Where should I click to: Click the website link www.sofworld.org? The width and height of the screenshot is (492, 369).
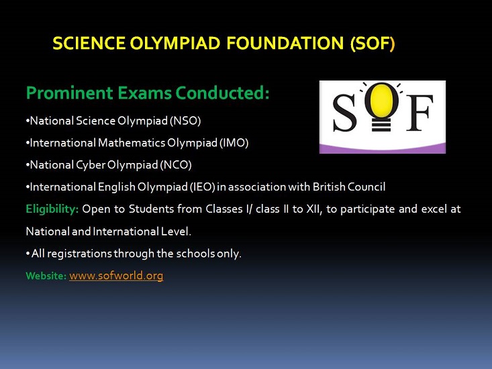(x=116, y=276)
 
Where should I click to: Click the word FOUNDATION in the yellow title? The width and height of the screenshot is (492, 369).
(x=285, y=43)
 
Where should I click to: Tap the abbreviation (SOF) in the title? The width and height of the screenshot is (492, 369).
(x=373, y=43)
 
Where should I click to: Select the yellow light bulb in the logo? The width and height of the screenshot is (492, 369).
(x=381, y=105)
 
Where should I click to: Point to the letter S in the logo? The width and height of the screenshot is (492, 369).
(x=344, y=113)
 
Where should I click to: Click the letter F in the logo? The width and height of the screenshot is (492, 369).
(x=420, y=113)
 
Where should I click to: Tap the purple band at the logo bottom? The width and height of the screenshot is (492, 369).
(x=383, y=148)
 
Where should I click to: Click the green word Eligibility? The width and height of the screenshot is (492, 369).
(x=52, y=209)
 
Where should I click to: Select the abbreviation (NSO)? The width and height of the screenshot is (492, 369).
(x=185, y=121)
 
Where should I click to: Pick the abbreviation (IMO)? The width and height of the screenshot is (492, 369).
(x=234, y=143)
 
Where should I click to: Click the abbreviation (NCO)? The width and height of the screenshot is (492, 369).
(x=176, y=165)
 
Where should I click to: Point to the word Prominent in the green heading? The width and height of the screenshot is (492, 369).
(x=70, y=93)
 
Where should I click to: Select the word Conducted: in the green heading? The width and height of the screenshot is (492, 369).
(x=222, y=93)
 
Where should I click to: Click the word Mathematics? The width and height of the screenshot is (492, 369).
(x=132, y=143)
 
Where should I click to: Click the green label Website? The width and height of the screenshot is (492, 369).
(x=46, y=276)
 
